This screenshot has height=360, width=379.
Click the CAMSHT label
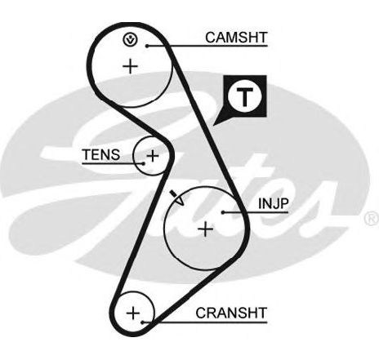(x=236, y=38)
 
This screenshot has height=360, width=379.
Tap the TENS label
(x=101, y=154)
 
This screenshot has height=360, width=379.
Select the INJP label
(x=273, y=203)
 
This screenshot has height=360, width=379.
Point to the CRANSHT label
(x=231, y=313)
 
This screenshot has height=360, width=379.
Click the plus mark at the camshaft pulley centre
(x=131, y=66)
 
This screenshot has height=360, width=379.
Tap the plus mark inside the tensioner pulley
(x=153, y=156)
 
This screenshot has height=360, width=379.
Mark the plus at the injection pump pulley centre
(x=206, y=229)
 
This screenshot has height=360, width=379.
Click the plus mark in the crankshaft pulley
(x=133, y=313)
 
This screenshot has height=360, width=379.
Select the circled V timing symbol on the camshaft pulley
(x=130, y=40)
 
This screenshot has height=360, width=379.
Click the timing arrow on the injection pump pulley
(x=177, y=198)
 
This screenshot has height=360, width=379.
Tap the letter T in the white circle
(x=245, y=97)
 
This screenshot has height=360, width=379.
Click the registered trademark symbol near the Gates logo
(x=372, y=219)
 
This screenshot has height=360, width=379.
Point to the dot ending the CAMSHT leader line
(x=147, y=46)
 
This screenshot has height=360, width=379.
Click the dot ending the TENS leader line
(x=143, y=163)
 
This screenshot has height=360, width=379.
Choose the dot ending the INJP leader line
(x=223, y=212)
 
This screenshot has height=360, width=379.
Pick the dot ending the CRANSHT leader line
(x=142, y=322)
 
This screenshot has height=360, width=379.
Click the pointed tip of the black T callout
(x=213, y=126)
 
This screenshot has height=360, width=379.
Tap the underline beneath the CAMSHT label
(x=207, y=46)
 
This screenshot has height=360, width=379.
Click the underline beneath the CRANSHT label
(x=205, y=322)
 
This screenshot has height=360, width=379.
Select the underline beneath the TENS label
(x=113, y=163)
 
